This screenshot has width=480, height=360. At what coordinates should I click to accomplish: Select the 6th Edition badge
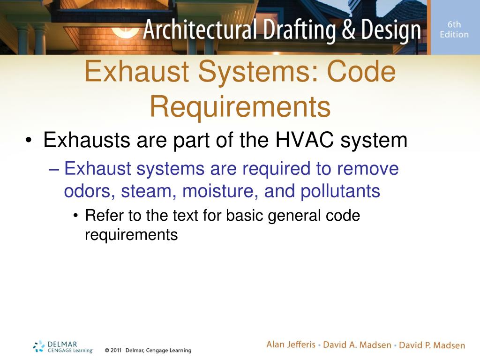pyautogui.click(x=454, y=29)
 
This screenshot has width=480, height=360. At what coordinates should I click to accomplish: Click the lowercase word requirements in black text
pyautogui.click(x=131, y=234)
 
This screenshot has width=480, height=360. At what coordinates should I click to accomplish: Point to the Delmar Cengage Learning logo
pyautogui.click(x=63, y=347)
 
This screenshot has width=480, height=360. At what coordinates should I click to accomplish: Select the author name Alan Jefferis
pyautogui.click(x=291, y=345)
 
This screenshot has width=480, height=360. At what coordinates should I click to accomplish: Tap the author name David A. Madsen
pyautogui.click(x=357, y=345)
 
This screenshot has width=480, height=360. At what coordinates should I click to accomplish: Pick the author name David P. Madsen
pyautogui.click(x=432, y=345)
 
